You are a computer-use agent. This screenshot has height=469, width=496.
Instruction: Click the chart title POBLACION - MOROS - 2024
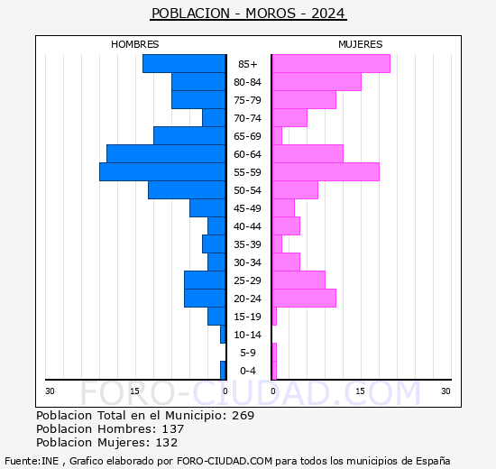[x=248, y=14]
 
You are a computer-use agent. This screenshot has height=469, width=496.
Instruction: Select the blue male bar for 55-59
[x=162, y=171]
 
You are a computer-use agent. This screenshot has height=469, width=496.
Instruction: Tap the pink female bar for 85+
[x=330, y=63]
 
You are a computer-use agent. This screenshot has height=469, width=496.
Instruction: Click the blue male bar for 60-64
[x=166, y=153]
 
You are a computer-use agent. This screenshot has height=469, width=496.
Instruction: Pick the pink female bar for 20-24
[x=303, y=298]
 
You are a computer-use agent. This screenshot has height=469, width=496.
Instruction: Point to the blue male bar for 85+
[x=184, y=63]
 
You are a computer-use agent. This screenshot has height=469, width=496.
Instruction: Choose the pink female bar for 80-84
[x=316, y=81]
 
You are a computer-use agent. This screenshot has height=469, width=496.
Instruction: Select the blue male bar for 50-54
[x=187, y=189]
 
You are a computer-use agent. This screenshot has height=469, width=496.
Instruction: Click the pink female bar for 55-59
[x=325, y=171]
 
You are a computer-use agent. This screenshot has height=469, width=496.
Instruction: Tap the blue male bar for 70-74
[x=214, y=117]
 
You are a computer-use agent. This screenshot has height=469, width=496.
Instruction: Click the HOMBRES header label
[x=135, y=44]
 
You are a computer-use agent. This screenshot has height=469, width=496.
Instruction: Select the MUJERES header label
[x=360, y=44]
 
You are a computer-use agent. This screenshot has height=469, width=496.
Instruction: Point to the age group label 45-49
[x=248, y=208]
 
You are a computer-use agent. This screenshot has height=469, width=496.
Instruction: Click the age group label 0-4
[x=248, y=371]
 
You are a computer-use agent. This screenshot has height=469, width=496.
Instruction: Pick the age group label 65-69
[x=248, y=136]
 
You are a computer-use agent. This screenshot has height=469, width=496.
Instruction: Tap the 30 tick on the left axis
[x=51, y=391]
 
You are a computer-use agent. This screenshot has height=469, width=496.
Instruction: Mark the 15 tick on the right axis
[x=360, y=391]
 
